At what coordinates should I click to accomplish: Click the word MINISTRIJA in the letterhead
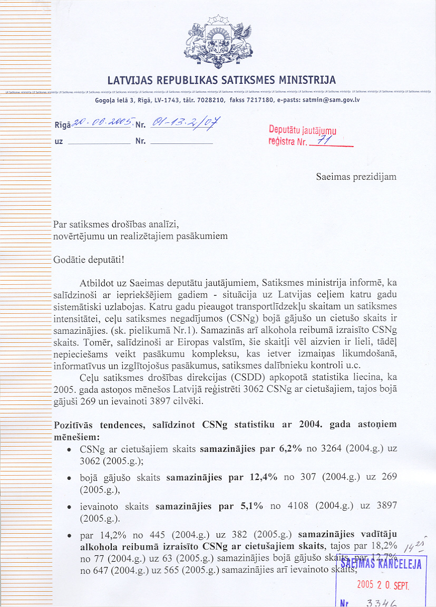coord(307,81)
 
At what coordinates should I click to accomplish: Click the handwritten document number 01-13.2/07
coord(186,123)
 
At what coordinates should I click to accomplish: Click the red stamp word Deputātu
coord(285,130)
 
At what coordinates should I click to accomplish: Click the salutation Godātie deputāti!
coord(89,260)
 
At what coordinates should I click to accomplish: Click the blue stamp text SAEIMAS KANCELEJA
coord(382,564)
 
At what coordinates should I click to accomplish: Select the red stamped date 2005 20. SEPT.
coord(382,585)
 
